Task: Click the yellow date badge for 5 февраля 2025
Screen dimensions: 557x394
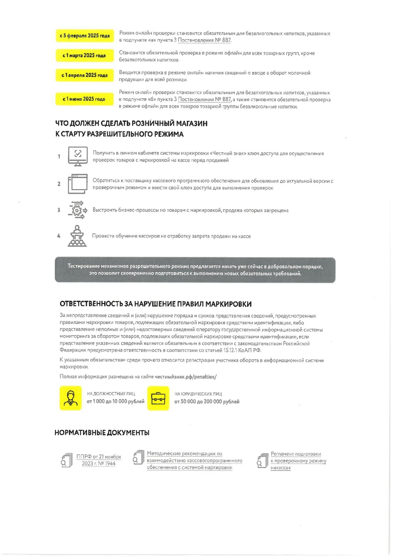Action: click(85, 35)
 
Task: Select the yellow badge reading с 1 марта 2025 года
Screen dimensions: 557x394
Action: click(84, 56)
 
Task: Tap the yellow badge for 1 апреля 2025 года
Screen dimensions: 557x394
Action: click(84, 75)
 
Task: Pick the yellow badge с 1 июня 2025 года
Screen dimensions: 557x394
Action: click(84, 99)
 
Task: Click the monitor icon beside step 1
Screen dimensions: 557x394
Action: click(78, 156)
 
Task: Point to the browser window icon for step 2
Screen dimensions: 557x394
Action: click(78, 184)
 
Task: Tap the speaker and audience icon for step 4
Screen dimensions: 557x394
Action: click(77, 236)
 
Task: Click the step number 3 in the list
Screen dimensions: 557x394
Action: click(59, 210)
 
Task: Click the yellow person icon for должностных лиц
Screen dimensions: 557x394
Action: click(71, 398)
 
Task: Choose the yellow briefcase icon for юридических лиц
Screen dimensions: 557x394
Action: click(158, 398)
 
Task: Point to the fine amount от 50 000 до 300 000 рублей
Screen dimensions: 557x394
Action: click(207, 401)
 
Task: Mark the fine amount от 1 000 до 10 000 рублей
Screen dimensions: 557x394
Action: click(115, 401)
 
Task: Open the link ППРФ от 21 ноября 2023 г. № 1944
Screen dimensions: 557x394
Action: click(99, 460)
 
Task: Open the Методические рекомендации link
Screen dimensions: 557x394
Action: click(194, 460)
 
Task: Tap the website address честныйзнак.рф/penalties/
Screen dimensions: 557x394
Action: click(185, 377)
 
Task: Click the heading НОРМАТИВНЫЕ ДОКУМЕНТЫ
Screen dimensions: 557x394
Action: click(102, 432)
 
